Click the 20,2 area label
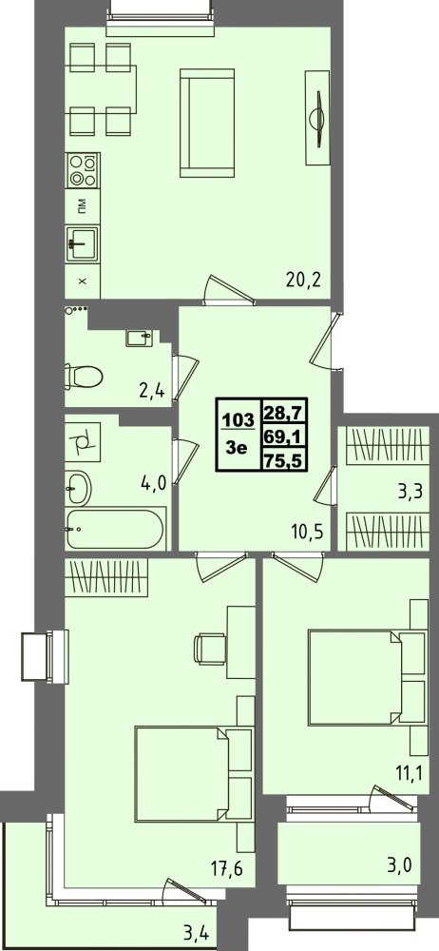[x=302, y=281]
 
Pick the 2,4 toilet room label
[x=152, y=390]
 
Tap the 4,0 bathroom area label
[x=153, y=486]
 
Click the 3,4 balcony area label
[x=198, y=934]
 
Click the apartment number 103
[x=238, y=419]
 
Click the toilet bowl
[x=84, y=377]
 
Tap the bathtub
[x=115, y=528]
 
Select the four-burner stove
[x=83, y=170]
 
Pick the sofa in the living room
[x=207, y=123]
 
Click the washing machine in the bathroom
[x=83, y=442]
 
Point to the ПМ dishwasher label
[x=81, y=207]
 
